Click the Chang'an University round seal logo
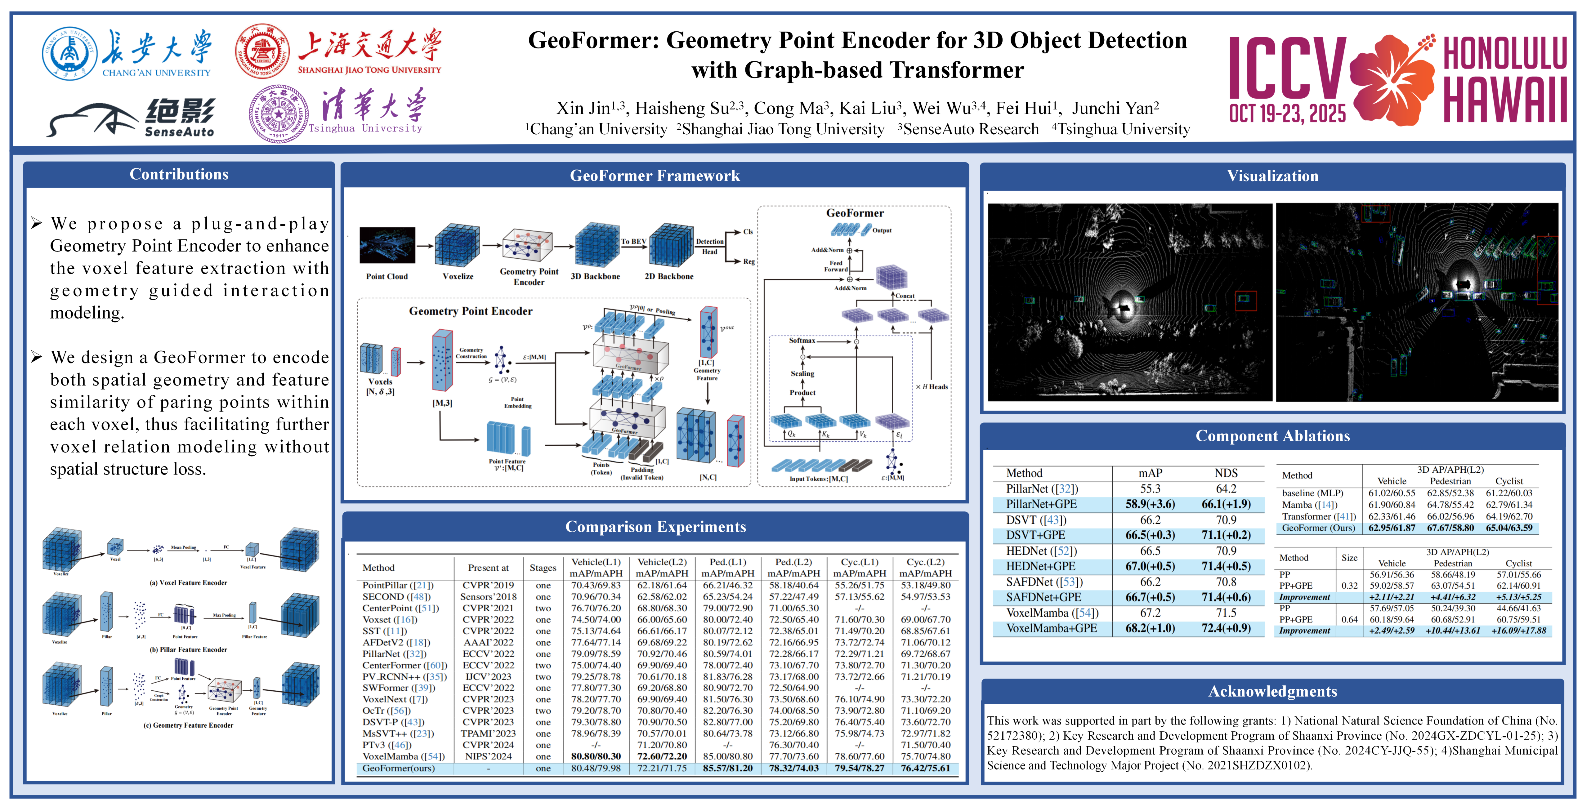[69, 53]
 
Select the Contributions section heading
[179, 174]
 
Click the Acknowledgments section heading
[1272, 692]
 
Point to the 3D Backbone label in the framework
[595, 276]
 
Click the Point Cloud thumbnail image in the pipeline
[387, 246]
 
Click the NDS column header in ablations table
[1226, 473]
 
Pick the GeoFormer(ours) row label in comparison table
[398, 768]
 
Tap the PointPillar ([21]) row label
[397, 585]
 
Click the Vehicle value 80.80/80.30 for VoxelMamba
[596, 757]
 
